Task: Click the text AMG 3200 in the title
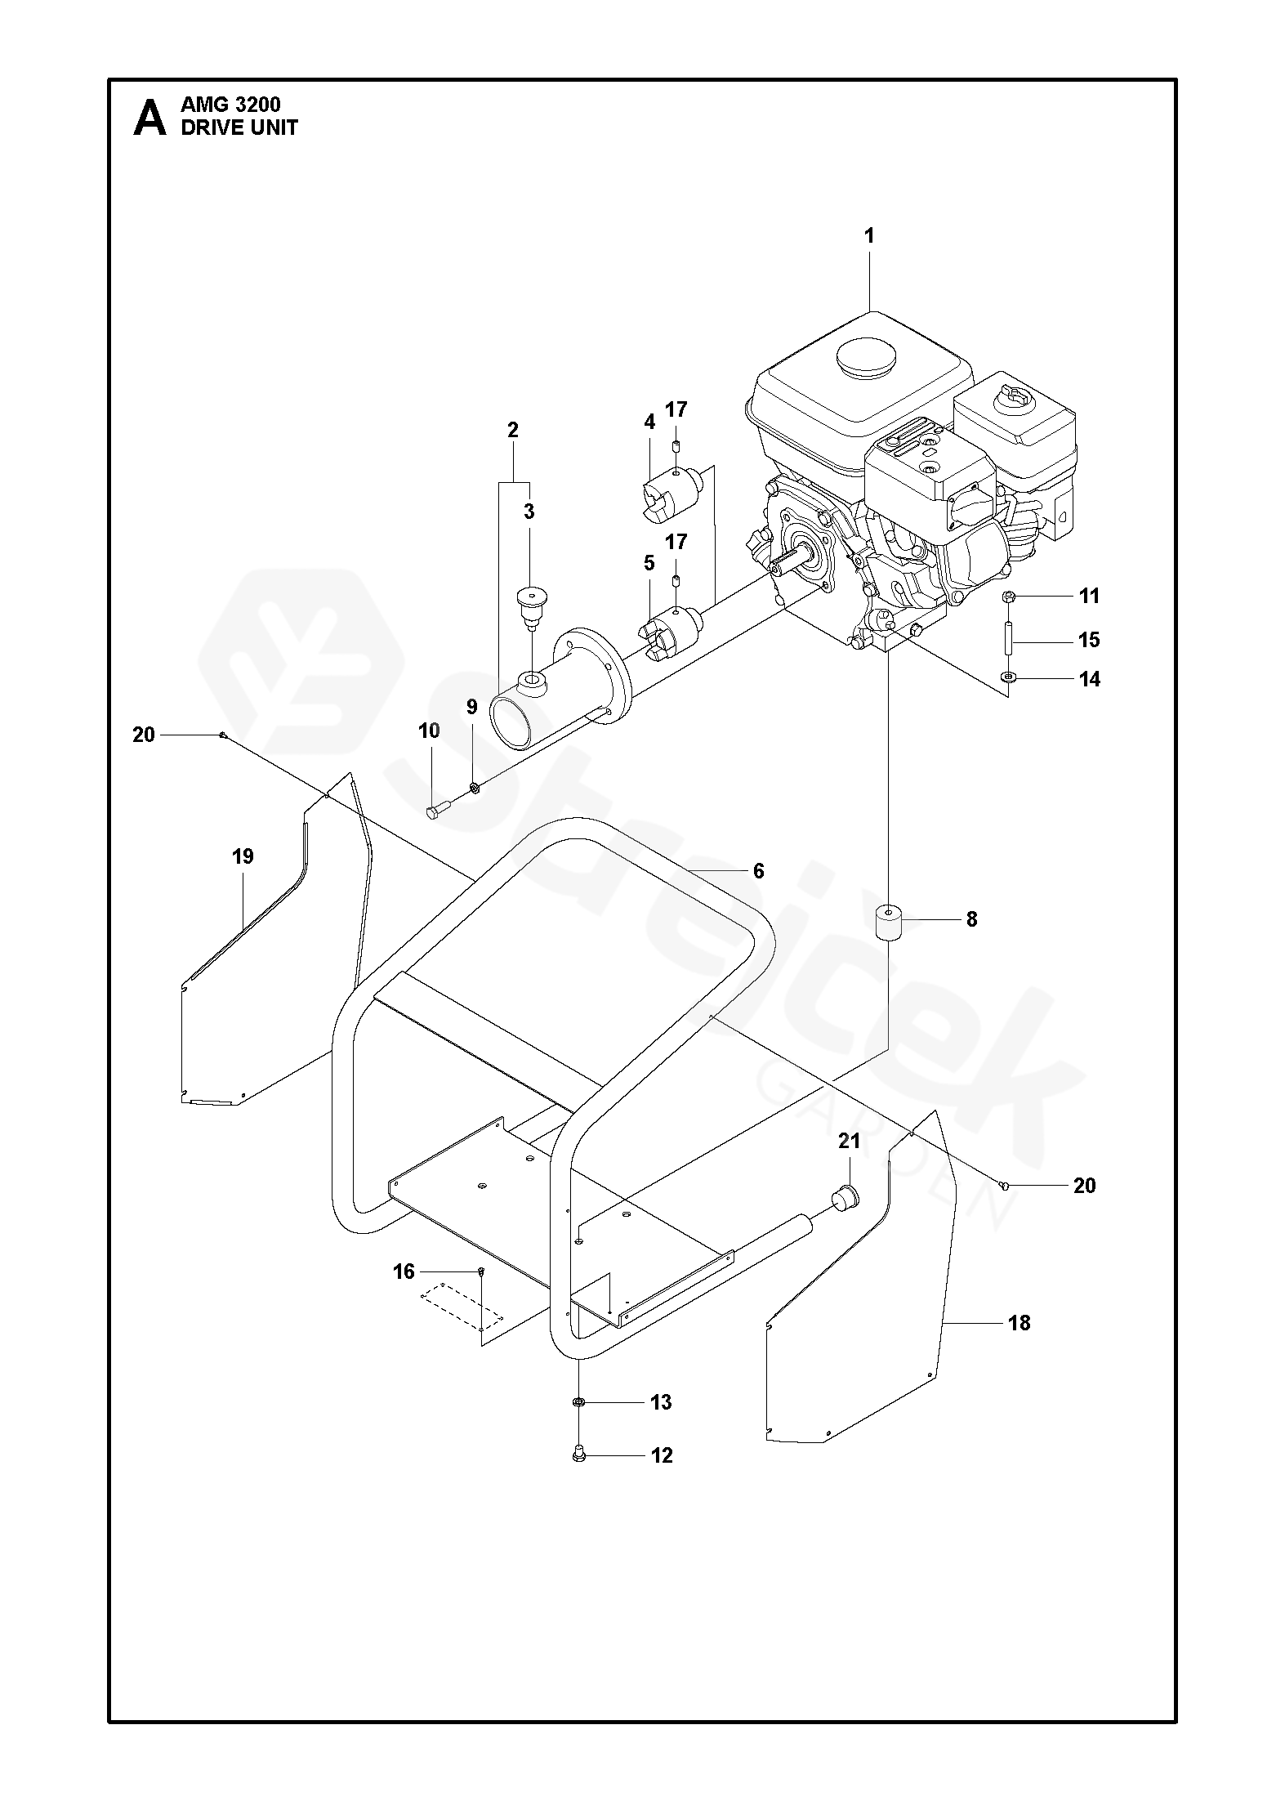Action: [230, 105]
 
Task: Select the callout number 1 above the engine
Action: [869, 236]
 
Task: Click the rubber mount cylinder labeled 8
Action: [886, 923]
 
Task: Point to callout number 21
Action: [850, 1141]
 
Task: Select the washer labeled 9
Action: [473, 787]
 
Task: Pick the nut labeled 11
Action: [1009, 597]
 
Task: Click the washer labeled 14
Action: [1009, 677]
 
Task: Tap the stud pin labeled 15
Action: [1009, 637]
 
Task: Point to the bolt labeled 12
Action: [579, 1455]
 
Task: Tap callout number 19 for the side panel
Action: [243, 856]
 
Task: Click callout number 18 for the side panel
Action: [1020, 1322]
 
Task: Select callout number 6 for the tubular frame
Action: [758, 871]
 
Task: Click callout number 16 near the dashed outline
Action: [404, 1271]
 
